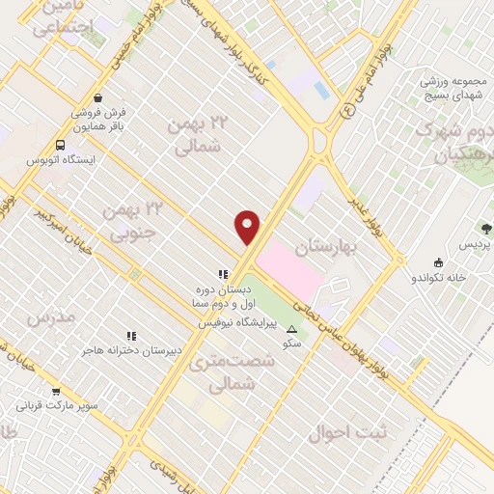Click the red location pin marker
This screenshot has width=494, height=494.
click(x=248, y=227)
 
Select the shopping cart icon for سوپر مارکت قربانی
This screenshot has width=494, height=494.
click(x=55, y=392)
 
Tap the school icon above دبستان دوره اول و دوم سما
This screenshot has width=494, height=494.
click(x=223, y=274)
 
